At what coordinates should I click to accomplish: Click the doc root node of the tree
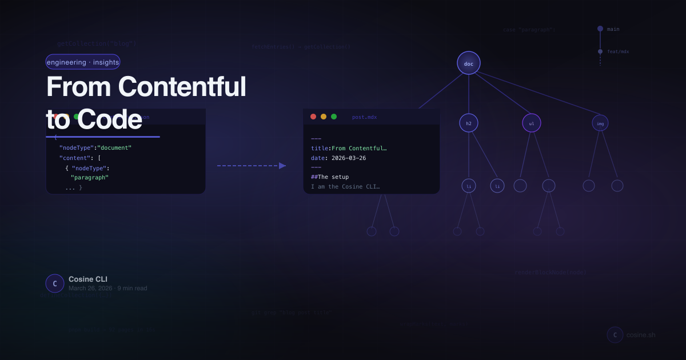click(x=469, y=63)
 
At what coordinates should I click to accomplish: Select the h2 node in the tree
click(x=469, y=123)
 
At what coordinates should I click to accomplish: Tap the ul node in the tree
click(x=532, y=123)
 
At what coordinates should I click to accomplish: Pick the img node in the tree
click(x=600, y=123)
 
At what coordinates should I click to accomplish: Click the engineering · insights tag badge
click(x=83, y=62)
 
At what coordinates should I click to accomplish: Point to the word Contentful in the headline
click(x=182, y=87)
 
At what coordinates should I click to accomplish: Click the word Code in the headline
click(x=109, y=119)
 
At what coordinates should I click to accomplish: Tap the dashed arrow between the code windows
click(x=252, y=166)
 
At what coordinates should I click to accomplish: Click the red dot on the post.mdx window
click(x=313, y=117)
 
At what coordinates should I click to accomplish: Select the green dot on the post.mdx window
click(x=334, y=117)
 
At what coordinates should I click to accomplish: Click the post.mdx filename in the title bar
click(x=364, y=117)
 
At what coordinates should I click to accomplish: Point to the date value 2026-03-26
click(x=347, y=158)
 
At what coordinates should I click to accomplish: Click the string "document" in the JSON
click(x=114, y=147)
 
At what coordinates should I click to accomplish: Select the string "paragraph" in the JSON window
click(x=90, y=177)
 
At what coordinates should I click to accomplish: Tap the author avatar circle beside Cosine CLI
click(x=55, y=283)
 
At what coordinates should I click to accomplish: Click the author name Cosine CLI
click(x=88, y=279)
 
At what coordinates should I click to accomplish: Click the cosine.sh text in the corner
click(x=641, y=335)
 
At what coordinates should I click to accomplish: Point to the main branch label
click(x=613, y=29)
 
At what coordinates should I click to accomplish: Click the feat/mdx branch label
click(x=618, y=51)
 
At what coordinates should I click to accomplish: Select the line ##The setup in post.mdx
click(x=330, y=177)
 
